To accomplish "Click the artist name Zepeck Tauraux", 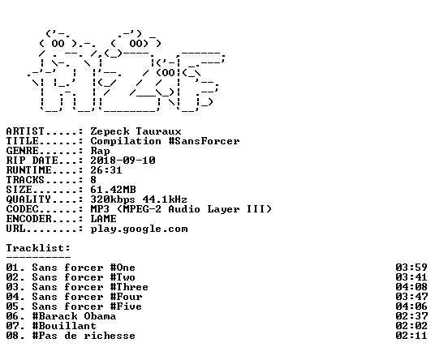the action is click(x=136, y=131).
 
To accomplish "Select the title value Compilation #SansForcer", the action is click(x=165, y=141).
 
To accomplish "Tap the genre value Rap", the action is click(x=100, y=151).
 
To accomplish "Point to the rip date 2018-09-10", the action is click(x=123, y=161).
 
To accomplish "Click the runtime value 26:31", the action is click(x=106, y=170).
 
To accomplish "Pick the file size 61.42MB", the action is click(x=113, y=190).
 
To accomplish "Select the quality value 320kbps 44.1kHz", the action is click(x=139, y=199).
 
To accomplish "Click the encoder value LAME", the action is click(x=103, y=219).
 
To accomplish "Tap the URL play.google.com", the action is click(x=139, y=229).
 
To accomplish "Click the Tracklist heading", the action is click(x=38, y=248).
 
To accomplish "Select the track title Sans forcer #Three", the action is click(x=90, y=287).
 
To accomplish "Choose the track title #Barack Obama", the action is click(x=74, y=316).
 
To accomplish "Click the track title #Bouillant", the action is click(x=64, y=326).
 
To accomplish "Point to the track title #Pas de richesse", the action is click(x=84, y=336).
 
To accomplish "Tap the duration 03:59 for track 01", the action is click(x=411, y=268).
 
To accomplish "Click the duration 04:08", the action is click(x=411, y=287).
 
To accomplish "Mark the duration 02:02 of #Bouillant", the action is click(x=411, y=326).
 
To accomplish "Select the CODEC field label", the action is click(x=22, y=209).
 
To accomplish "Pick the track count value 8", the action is click(x=93, y=180).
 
